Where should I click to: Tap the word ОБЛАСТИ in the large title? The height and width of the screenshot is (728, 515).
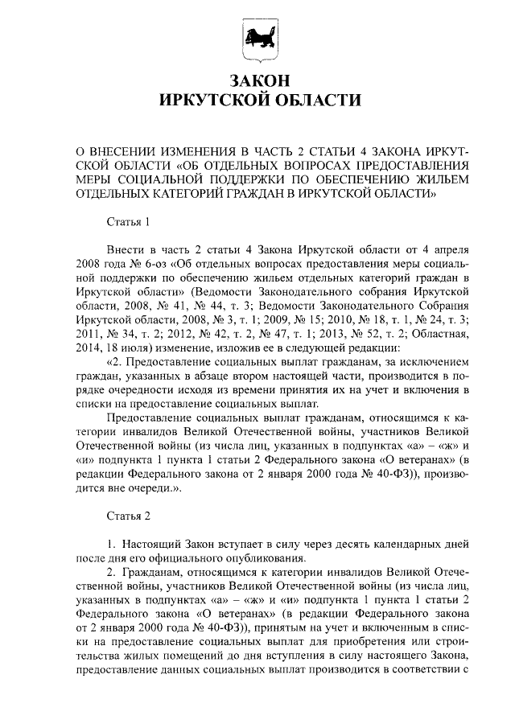[x=310, y=101]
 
